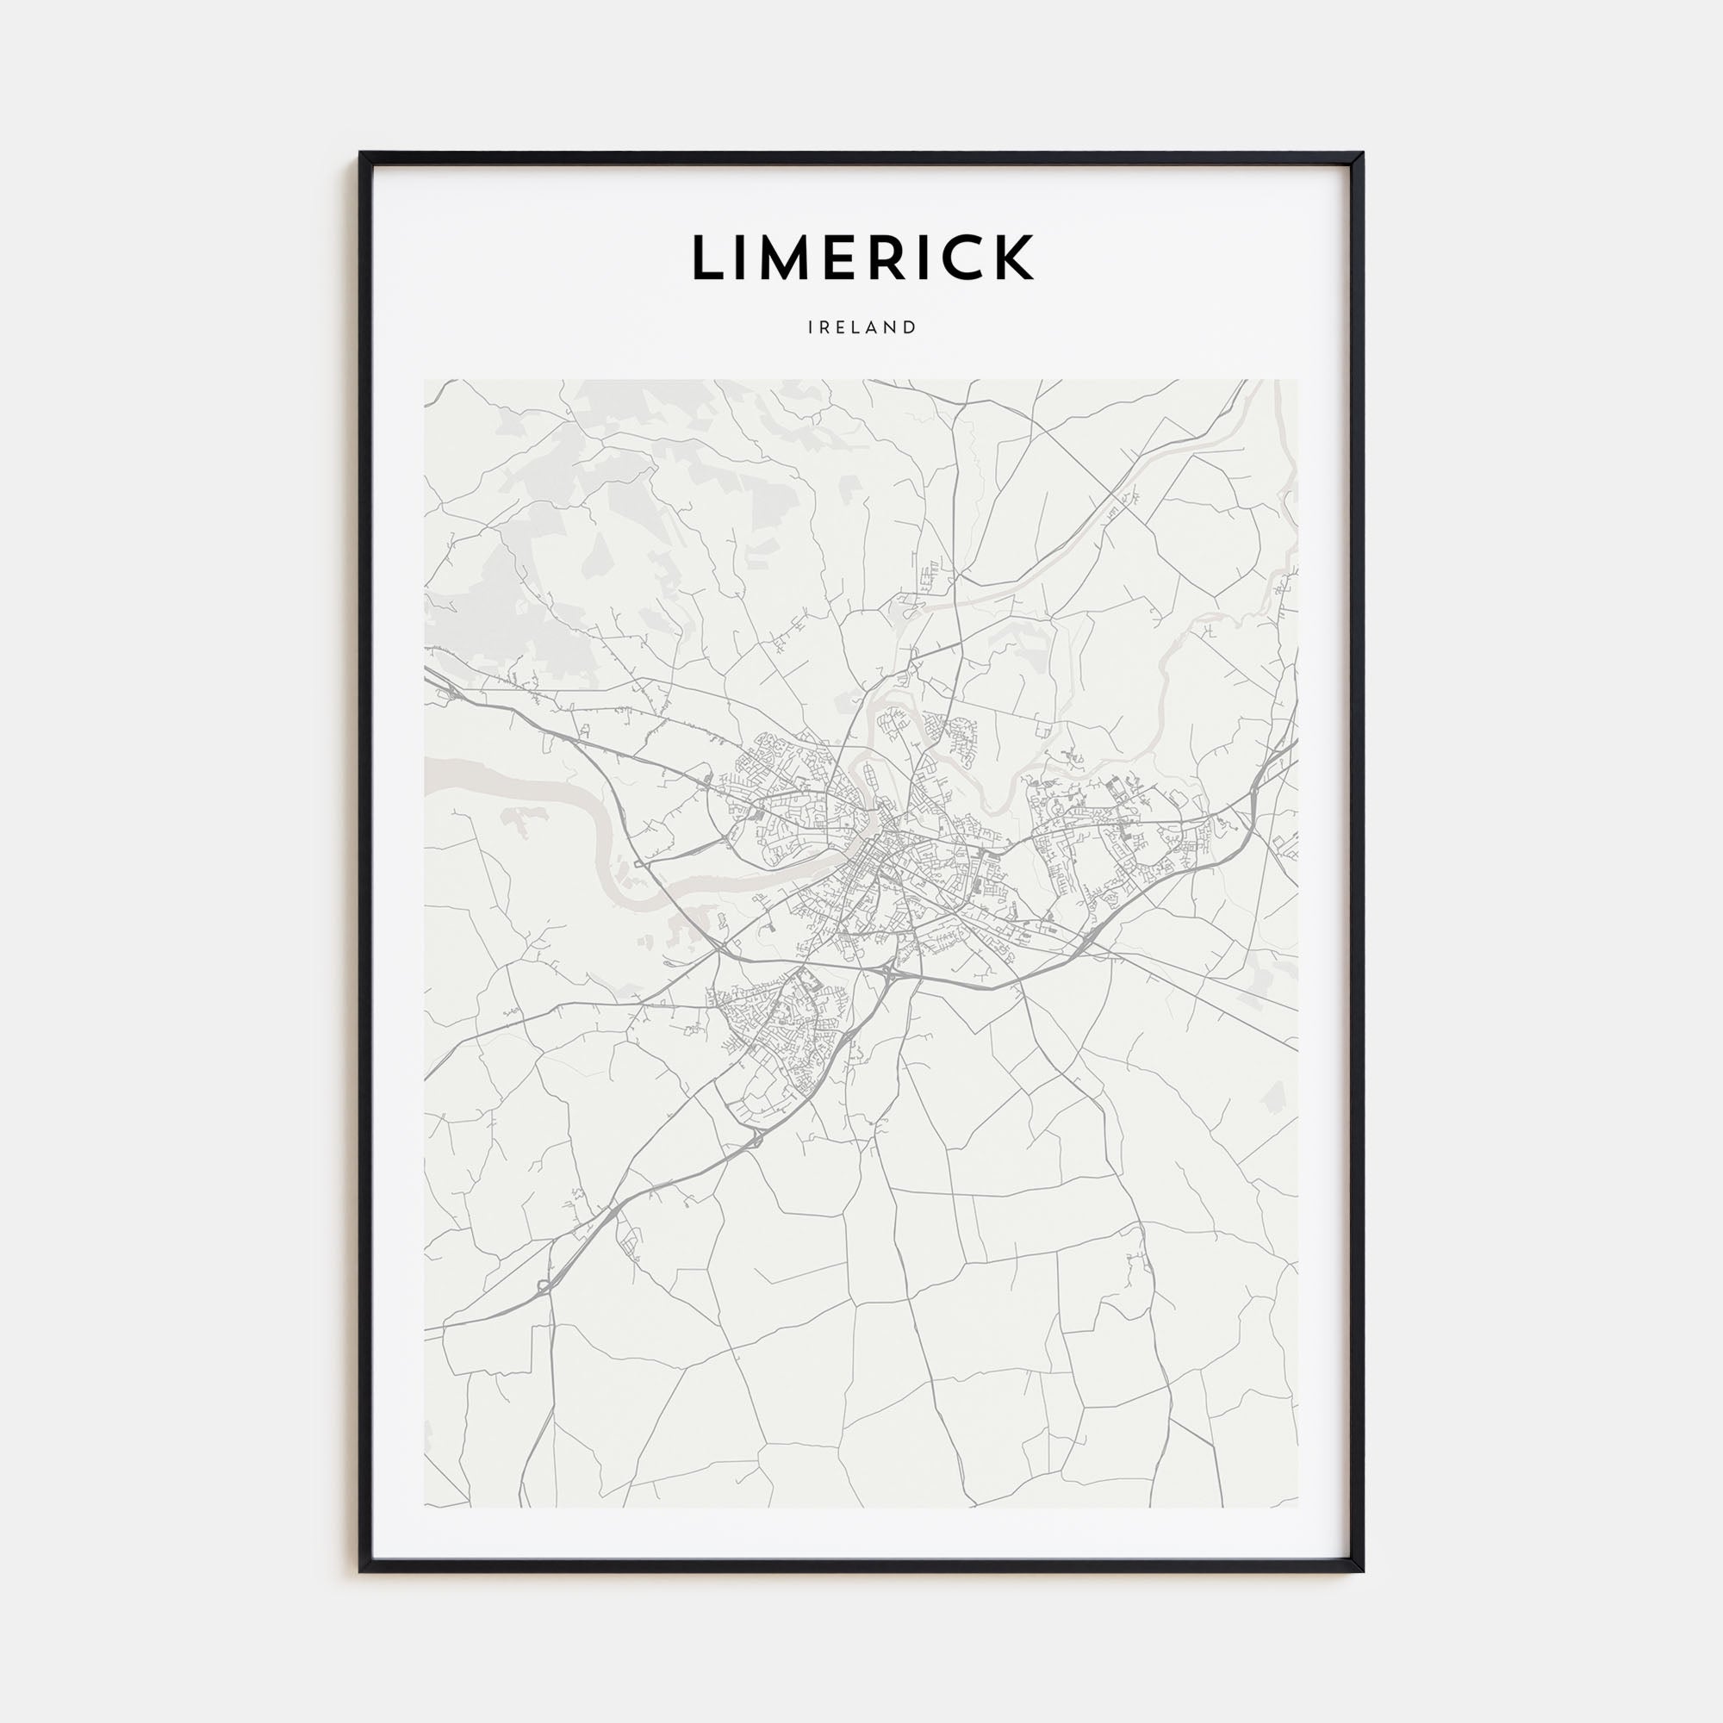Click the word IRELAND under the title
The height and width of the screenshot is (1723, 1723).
click(861, 327)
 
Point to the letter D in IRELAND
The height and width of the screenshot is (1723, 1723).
click(910, 327)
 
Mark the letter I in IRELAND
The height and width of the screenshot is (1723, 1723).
click(811, 327)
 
